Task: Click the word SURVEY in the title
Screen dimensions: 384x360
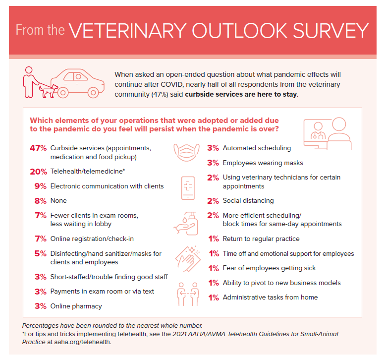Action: (x=330, y=31)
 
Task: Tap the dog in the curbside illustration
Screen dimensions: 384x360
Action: (x=49, y=91)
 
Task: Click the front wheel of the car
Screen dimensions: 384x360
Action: (x=93, y=93)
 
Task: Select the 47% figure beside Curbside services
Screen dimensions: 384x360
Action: (x=38, y=148)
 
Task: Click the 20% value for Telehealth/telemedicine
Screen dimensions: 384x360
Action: (x=39, y=172)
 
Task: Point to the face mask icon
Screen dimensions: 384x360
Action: (x=187, y=152)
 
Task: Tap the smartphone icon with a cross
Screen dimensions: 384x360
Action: (x=188, y=188)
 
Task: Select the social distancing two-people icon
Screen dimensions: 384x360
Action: (x=188, y=294)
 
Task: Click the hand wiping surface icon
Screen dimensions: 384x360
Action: (x=188, y=259)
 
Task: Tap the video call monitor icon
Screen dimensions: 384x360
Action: (x=328, y=133)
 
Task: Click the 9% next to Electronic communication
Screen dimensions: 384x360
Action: (x=41, y=186)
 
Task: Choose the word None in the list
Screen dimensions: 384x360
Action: (x=58, y=201)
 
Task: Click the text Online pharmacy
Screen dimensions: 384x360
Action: (x=76, y=306)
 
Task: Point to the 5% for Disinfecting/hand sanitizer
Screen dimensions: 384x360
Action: (x=41, y=253)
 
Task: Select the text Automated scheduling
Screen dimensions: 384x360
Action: (x=257, y=148)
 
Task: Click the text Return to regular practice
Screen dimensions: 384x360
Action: (x=261, y=239)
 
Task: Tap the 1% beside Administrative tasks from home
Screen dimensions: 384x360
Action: (x=214, y=298)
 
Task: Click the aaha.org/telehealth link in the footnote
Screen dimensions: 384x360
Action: (x=83, y=342)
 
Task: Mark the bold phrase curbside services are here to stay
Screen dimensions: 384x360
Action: (x=241, y=95)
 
